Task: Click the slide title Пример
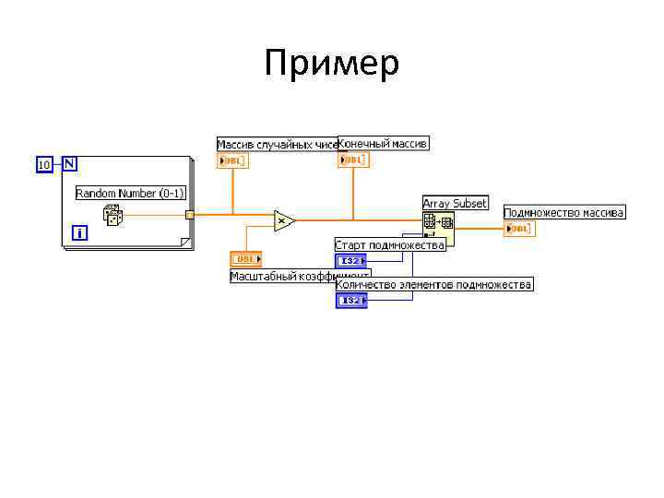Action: pyautogui.click(x=331, y=65)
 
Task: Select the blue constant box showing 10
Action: pyautogui.click(x=43, y=164)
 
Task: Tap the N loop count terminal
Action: pyautogui.click(x=70, y=163)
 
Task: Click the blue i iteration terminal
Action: pyautogui.click(x=80, y=233)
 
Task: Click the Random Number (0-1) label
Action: pyautogui.click(x=130, y=193)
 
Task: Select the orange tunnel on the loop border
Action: pyautogui.click(x=190, y=216)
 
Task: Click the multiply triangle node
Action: pyautogui.click(x=283, y=220)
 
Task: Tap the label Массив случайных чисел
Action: pyautogui.click(x=277, y=144)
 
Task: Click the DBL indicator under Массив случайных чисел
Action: pyautogui.click(x=232, y=161)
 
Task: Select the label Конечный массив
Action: pyautogui.click(x=384, y=143)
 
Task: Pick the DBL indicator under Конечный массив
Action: pyautogui.click(x=353, y=160)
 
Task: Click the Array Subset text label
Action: pyautogui.click(x=455, y=203)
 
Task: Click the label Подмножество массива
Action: pyautogui.click(x=563, y=212)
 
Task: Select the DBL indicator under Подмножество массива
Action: pyautogui.click(x=519, y=229)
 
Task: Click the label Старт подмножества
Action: pyautogui.click(x=389, y=244)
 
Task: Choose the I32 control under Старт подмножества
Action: pyautogui.click(x=350, y=261)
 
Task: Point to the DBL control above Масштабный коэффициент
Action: pyautogui.click(x=246, y=259)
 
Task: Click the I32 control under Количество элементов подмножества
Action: pyautogui.click(x=351, y=301)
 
